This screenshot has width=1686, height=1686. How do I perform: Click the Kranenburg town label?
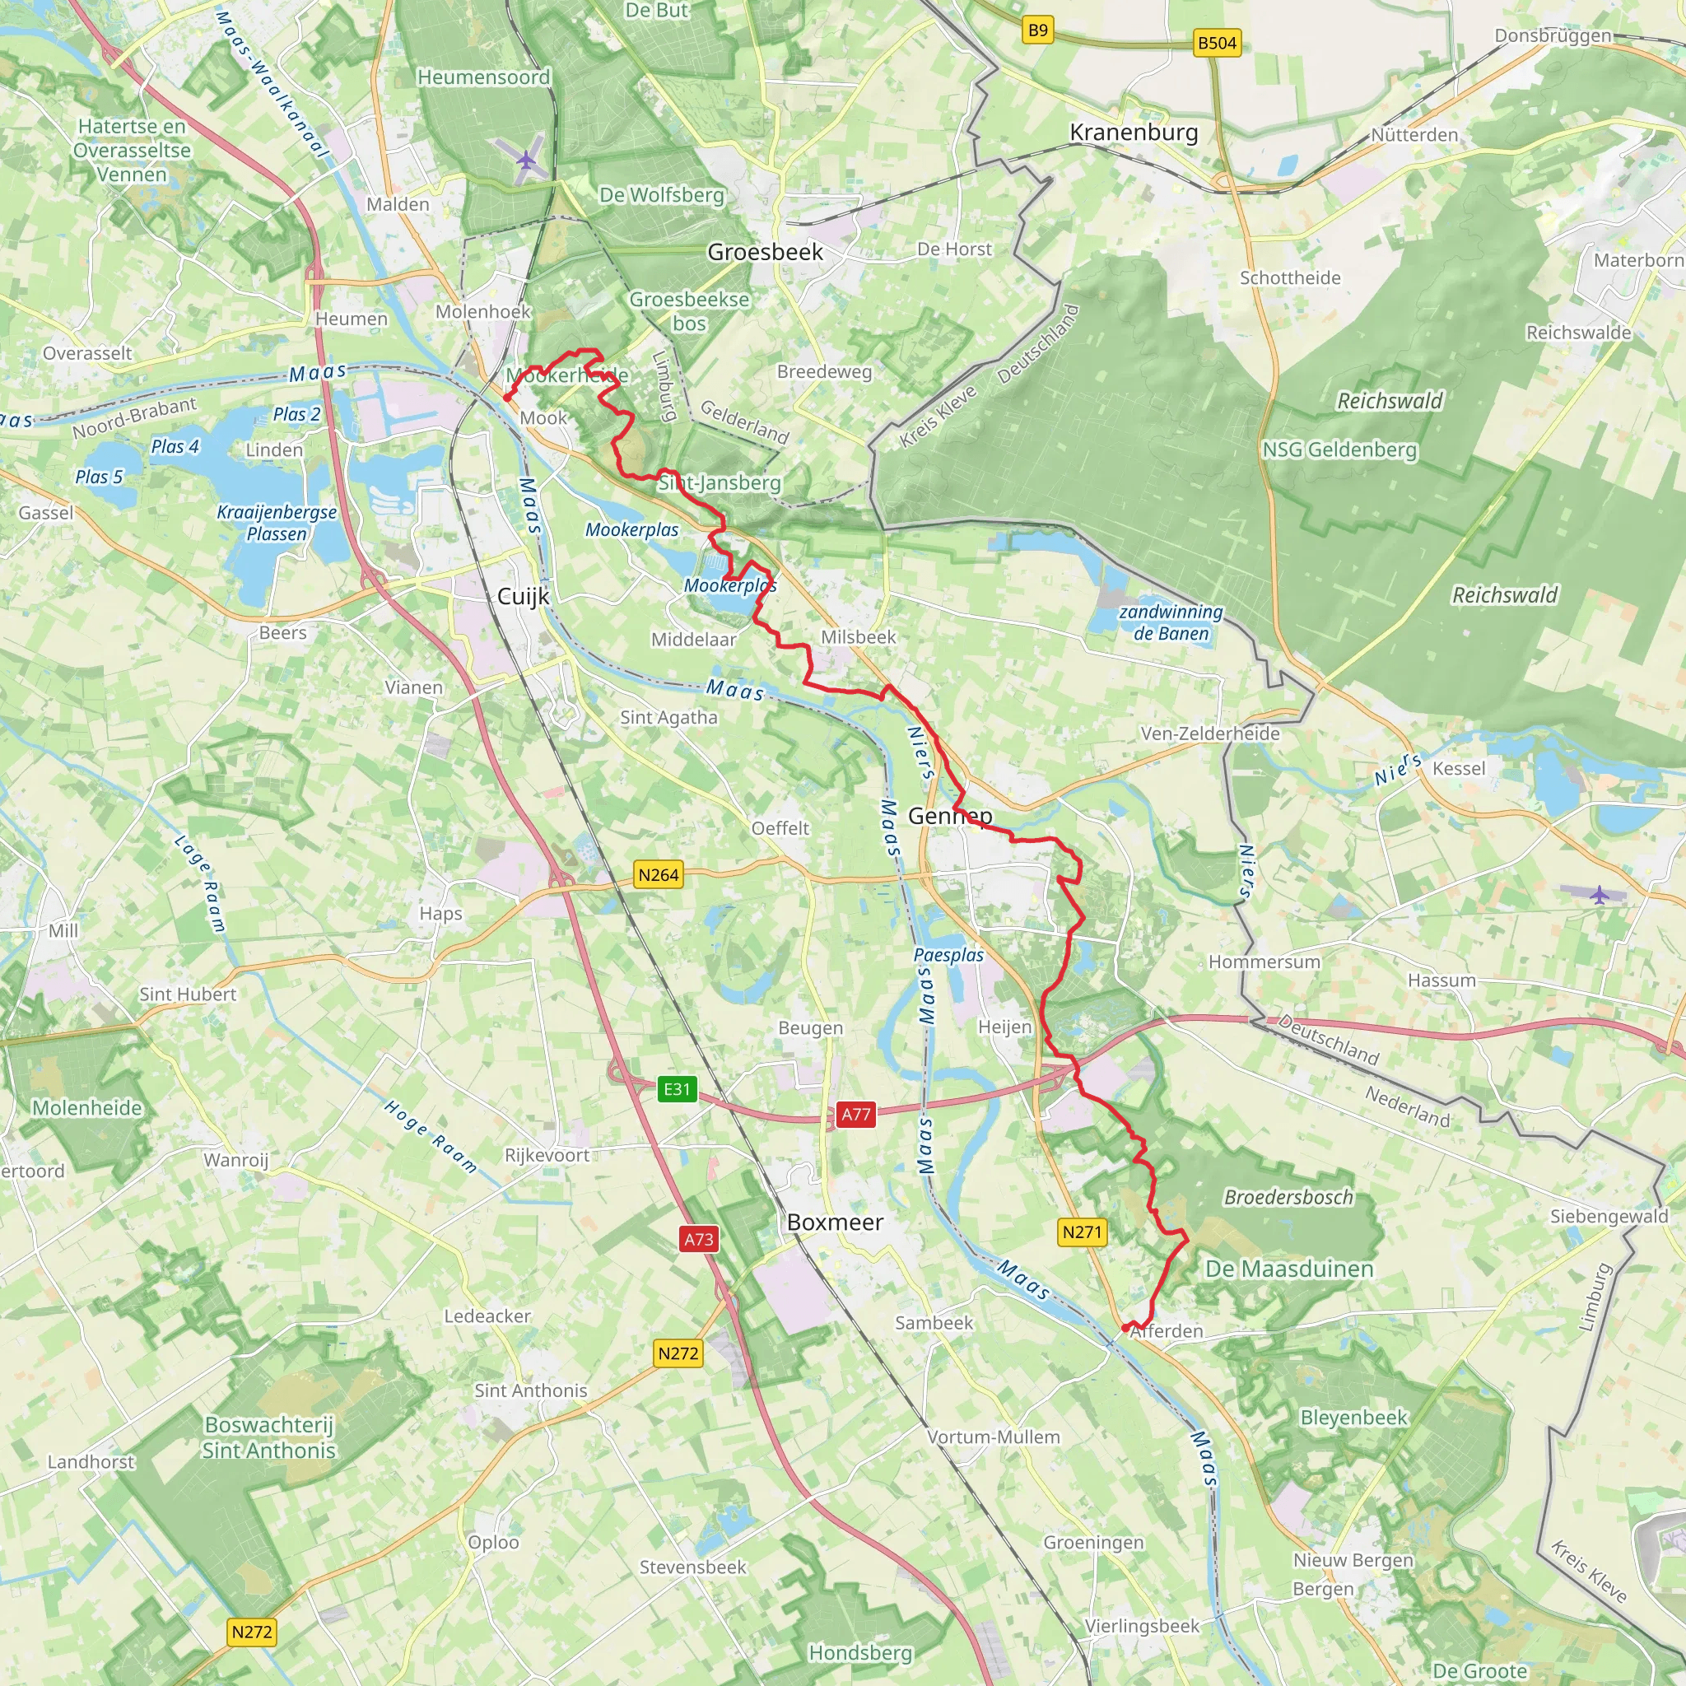tap(1133, 133)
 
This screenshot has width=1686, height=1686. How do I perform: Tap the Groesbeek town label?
tap(765, 252)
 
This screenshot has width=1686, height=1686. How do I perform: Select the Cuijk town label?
tap(523, 596)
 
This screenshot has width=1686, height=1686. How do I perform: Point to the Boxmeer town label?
tap(834, 1222)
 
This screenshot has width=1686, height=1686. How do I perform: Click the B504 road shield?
tap(1217, 43)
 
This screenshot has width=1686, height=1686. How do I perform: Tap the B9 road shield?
tap(1037, 30)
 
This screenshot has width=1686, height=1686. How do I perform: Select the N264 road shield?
tap(658, 874)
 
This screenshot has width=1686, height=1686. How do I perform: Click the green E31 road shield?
tap(677, 1088)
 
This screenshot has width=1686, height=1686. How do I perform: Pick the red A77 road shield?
tap(855, 1114)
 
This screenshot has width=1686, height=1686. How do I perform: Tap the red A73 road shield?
tap(698, 1238)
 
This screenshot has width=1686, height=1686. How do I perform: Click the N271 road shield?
tap(1082, 1232)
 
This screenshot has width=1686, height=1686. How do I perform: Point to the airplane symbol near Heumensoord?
tap(525, 160)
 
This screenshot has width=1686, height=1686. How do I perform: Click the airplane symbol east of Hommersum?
tap(1599, 895)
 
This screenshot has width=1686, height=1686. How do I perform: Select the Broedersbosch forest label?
tap(1288, 1197)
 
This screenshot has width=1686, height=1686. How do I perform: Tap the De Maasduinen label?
tap(1289, 1269)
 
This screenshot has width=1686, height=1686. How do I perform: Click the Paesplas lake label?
tap(948, 955)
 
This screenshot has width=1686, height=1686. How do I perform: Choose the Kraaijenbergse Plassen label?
tap(277, 523)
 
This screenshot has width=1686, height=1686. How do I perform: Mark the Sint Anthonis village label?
tap(531, 1390)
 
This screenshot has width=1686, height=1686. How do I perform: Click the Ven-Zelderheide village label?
tap(1209, 734)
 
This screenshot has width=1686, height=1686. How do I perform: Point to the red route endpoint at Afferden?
tap(1125, 1327)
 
